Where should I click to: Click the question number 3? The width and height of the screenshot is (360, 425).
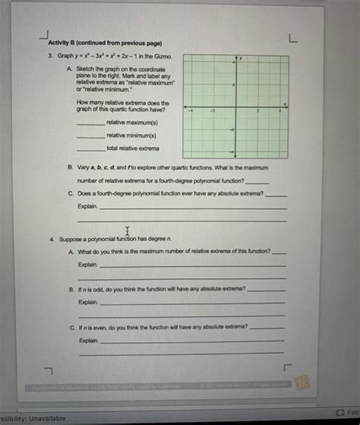tap(50, 56)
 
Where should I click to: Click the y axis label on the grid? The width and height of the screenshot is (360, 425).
tap(241, 59)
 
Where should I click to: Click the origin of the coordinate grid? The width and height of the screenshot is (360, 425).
tap(236, 108)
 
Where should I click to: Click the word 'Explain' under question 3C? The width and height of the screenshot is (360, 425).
tap(87, 206)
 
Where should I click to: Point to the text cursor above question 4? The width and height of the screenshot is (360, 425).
tap(127, 230)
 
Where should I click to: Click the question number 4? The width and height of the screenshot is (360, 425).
tap(50, 239)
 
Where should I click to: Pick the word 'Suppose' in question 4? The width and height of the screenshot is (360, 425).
tap(67, 239)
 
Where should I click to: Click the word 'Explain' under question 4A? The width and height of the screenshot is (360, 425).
tap(87, 264)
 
